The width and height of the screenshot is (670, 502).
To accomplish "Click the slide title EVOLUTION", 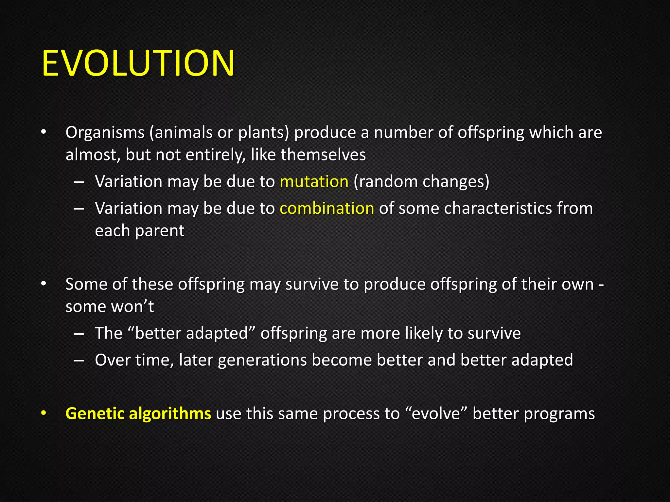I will click(138, 63).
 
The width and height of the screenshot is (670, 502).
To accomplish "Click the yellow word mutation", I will click(314, 181).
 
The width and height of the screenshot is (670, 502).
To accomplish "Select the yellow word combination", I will click(327, 208).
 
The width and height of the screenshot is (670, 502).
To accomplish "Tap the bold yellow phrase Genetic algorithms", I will click(138, 413).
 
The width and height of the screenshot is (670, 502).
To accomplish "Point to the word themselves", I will click(323, 155).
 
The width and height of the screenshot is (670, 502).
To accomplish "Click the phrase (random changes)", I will click(421, 181).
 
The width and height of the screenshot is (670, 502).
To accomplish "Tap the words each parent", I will click(140, 231).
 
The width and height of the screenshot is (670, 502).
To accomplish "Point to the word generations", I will click(262, 360).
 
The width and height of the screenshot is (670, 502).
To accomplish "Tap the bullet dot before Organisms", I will click(44, 132).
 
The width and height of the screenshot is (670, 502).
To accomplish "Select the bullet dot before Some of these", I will click(44, 284).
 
